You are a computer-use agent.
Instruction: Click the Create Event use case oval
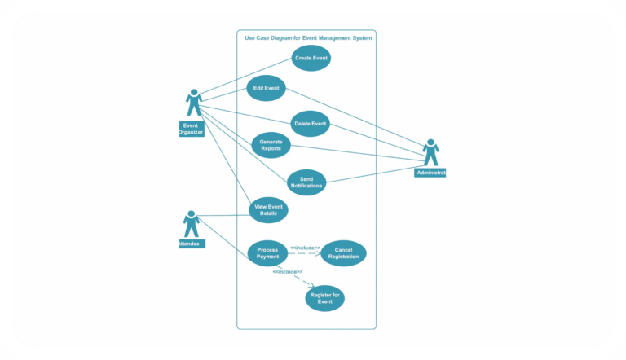pos(311,59)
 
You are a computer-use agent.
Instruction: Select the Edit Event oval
pos(267,88)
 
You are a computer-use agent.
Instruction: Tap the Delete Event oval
pos(311,124)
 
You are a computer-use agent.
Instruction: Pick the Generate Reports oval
pos(271,145)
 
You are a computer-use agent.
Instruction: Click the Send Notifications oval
pos(306,182)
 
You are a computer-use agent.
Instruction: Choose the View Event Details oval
pos(268,210)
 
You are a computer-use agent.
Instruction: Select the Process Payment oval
pos(267,253)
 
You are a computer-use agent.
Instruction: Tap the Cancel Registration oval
pos(343,253)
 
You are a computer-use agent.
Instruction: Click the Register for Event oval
pos(325,298)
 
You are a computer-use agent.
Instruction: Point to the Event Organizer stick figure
pos(194,103)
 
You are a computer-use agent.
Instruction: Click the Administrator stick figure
pos(431,152)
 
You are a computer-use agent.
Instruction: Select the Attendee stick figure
pos(191,224)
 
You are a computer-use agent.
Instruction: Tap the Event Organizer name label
pos(191,129)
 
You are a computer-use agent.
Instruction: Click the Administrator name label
pos(430,173)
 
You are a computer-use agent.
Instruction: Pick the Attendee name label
pos(191,244)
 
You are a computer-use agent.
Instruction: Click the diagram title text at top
pos(309,37)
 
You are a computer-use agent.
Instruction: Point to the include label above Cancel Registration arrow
pos(305,247)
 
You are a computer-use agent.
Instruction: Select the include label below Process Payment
pos(288,271)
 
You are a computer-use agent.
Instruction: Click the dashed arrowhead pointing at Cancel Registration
pos(319,253)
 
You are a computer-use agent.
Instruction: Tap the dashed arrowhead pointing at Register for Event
pos(311,285)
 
